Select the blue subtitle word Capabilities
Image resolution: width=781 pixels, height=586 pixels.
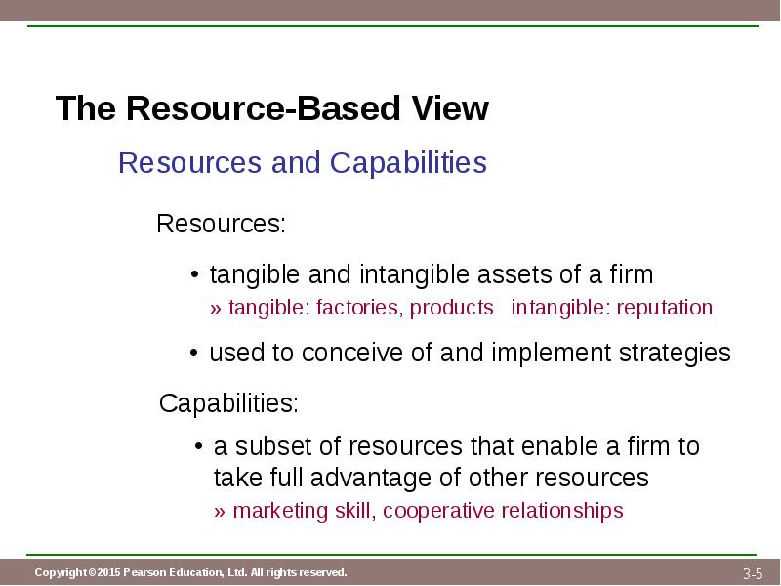coord(408,162)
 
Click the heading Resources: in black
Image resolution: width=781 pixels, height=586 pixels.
coord(222,224)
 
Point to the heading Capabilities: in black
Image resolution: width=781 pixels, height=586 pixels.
coord(228,402)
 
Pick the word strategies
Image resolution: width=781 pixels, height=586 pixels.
coord(675,354)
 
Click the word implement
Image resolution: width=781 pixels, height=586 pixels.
coord(551,354)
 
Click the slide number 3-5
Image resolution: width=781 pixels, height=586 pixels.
coord(753,573)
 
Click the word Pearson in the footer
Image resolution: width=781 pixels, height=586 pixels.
coord(144,572)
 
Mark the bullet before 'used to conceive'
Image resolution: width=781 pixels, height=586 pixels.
coord(194,354)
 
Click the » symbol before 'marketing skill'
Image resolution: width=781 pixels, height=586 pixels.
coord(220,512)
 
